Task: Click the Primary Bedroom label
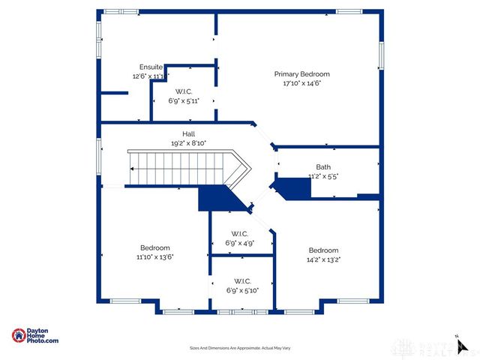tap(301, 74)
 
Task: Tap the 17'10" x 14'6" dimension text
tap(301, 83)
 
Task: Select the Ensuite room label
tap(151, 67)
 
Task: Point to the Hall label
tap(178, 133)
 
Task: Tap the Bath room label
tap(322, 167)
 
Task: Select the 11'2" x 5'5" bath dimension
tap(323, 176)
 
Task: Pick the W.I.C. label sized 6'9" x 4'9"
tap(240, 233)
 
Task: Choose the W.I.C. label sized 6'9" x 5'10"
tap(242, 280)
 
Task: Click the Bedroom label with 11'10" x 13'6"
tap(154, 247)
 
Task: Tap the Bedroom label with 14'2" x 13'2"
tap(323, 250)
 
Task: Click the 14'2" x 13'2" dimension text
tap(323, 259)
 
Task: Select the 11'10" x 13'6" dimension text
tap(154, 256)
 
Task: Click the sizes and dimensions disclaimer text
tap(239, 348)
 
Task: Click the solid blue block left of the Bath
tap(292, 187)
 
